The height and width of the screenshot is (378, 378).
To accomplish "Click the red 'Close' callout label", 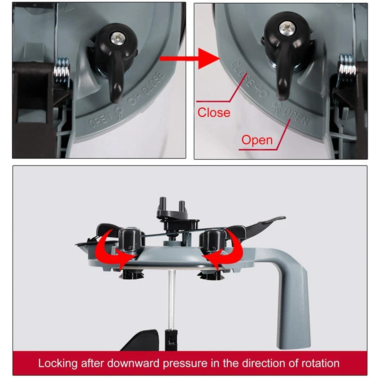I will [214, 112].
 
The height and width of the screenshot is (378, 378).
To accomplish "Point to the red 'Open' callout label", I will [257, 140].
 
